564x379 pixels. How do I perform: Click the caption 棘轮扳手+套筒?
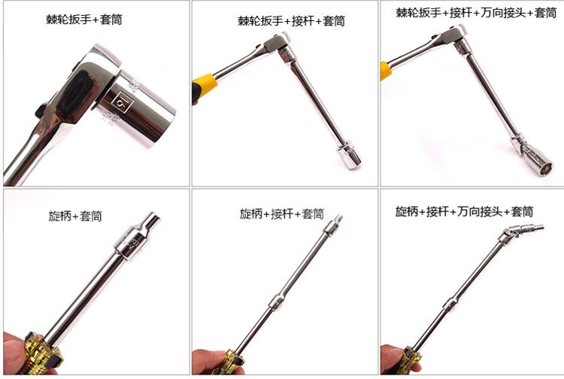(x=84, y=19)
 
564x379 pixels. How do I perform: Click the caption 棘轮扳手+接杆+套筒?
(x=291, y=21)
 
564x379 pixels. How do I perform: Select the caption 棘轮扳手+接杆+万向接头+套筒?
(x=476, y=13)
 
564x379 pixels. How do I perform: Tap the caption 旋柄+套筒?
(x=75, y=216)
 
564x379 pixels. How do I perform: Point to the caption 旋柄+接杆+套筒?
(x=282, y=214)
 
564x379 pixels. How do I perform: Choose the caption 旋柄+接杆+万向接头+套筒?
(x=464, y=211)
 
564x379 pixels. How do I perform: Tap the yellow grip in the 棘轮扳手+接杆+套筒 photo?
(x=205, y=86)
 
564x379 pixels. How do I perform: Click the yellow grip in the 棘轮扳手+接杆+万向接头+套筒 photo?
(x=386, y=71)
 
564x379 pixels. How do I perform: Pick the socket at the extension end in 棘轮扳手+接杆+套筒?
(x=349, y=156)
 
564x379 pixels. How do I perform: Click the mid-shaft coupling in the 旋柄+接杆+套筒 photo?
(x=277, y=302)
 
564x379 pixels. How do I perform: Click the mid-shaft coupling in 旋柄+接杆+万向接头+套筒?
(x=450, y=305)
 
